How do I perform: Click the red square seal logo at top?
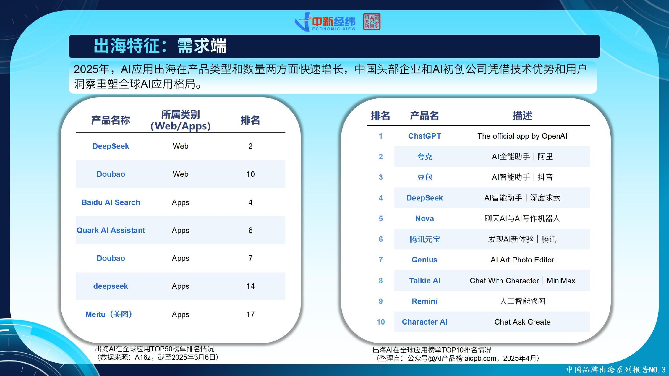(372, 21)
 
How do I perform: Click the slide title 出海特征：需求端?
(160, 46)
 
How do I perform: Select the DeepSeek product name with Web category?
(111, 146)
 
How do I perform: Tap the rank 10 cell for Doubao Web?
(250, 174)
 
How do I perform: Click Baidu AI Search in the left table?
(111, 202)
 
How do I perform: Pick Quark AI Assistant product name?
(111, 230)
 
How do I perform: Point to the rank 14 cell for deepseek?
(250, 286)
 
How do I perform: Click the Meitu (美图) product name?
(109, 314)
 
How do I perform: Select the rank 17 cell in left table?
(250, 314)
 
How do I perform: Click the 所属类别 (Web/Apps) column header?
(180, 120)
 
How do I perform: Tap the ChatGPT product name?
(425, 136)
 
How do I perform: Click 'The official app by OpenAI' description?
(522, 136)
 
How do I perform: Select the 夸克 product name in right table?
(425, 157)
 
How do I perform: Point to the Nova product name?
(425, 218)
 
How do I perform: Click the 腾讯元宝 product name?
(425, 239)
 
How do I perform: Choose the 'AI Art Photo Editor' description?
(522, 260)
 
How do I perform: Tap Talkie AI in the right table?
(425, 281)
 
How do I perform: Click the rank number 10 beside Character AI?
(381, 322)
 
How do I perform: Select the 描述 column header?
(522, 115)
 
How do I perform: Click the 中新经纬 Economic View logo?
(325, 22)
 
